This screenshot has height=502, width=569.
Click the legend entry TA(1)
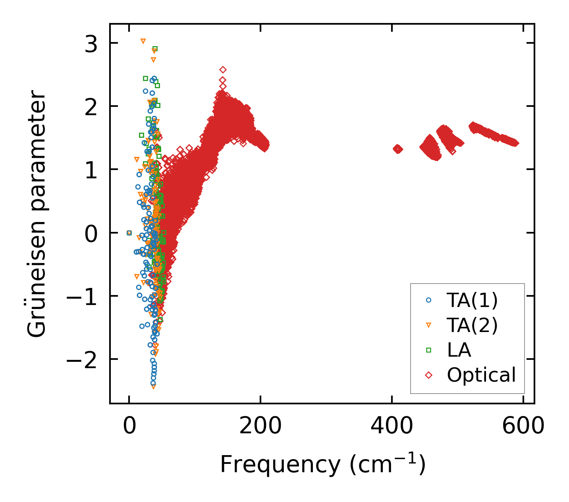pyautogui.click(x=472, y=301)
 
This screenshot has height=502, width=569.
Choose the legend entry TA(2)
pyautogui.click(x=472, y=326)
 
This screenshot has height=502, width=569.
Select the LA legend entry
pyautogui.click(x=459, y=350)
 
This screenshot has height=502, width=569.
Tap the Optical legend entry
pyautogui.click(x=481, y=375)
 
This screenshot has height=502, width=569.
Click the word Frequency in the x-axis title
pyautogui.click(x=280, y=464)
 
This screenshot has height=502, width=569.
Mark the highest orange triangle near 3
pyautogui.click(x=143, y=41)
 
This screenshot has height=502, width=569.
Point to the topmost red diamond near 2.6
pyautogui.click(x=223, y=70)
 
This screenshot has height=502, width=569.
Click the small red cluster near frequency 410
pyautogui.click(x=398, y=149)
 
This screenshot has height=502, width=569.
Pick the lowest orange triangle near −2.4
pyautogui.click(x=153, y=386)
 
